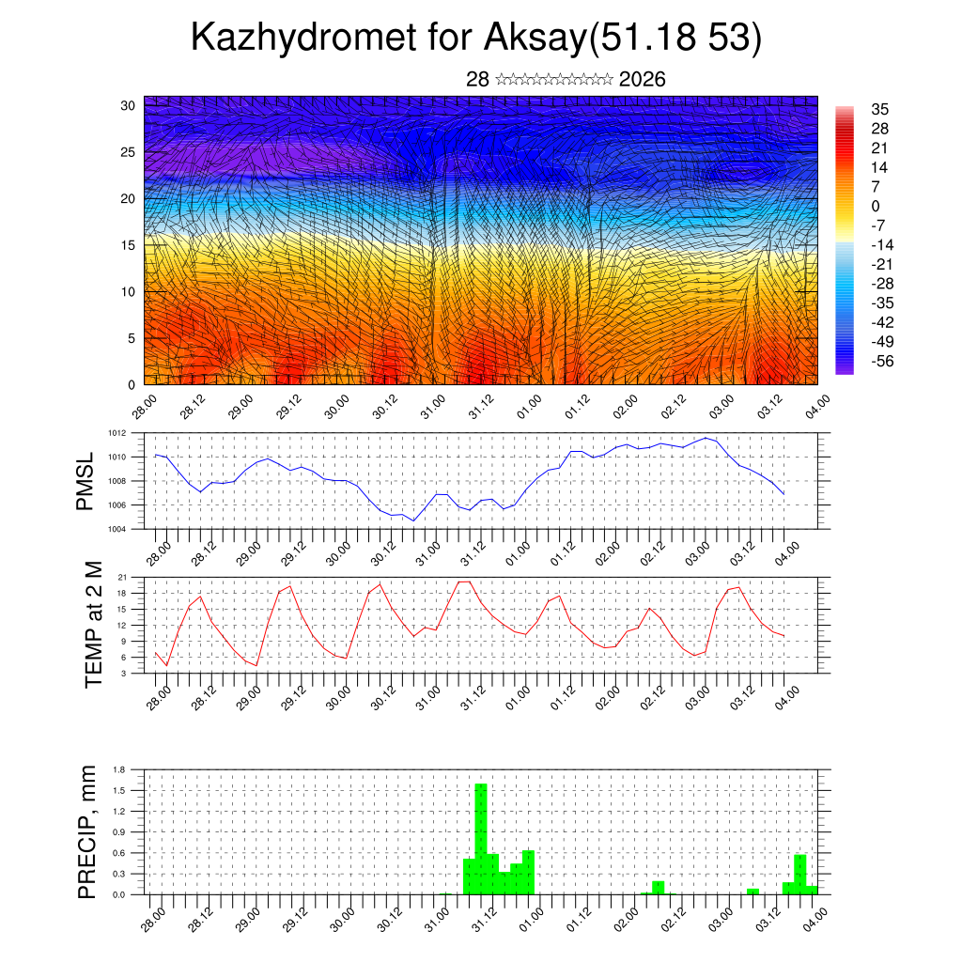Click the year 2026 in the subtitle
coord(643,80)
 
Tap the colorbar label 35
coord(880,110)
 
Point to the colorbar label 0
coord(876,206)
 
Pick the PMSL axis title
coord(85,480)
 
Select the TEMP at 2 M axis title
coord(93,625)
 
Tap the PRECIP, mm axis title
coord(86,831)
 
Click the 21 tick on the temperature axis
coord(122,577)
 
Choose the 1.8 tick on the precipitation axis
coord(119,770)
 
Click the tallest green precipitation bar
coord(481,836)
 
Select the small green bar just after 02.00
coord(658,887)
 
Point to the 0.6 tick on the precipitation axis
coord(119,853)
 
